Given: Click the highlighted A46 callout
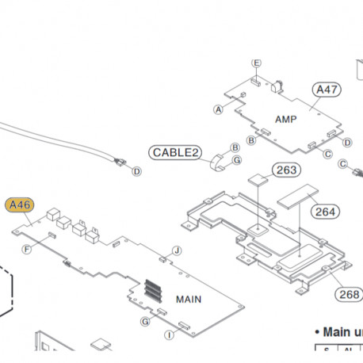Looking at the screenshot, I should (18, 205).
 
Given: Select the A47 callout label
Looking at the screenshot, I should (327, 90).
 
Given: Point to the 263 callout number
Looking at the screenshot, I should (287, 170).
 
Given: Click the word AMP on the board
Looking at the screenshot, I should (286, 118).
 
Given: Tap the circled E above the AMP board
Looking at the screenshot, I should (256, 63).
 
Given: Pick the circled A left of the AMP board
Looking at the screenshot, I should (219, 109).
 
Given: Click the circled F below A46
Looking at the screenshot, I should (27, 250).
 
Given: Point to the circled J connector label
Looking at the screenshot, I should (178, 250).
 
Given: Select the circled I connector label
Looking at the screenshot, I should (170, 335).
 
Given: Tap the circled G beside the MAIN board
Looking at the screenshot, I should (145, 321).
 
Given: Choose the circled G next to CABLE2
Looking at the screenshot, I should (236, 160).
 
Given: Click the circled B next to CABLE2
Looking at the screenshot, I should (235, 147).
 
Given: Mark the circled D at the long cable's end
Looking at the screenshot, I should (136, 171).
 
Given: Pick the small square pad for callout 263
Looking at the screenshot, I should (258, 180).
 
